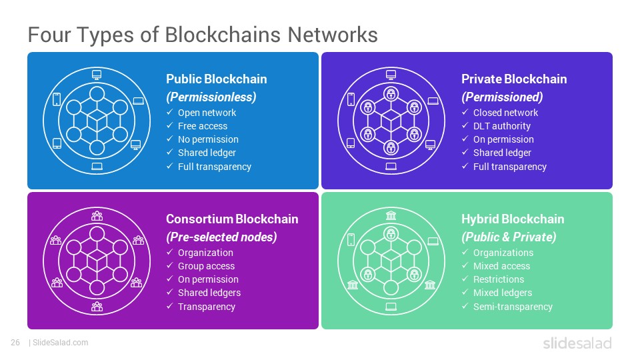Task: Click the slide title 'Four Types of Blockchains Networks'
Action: (203, 35)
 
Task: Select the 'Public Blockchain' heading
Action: (216, 79)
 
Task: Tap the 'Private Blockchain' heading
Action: (514, 79)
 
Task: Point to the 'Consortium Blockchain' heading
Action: (232, 219)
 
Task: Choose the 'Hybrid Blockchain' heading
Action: (513, 219)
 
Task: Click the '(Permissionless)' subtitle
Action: (211, 97)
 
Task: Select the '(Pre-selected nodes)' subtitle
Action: (221, 237)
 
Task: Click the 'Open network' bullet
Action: (207, 113)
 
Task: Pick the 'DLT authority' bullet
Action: (501, 126)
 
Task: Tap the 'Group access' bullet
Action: (206, 266)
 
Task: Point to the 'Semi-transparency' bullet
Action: (513, 307)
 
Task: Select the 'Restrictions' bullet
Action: (499, 279)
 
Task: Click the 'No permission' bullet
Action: (208, 139)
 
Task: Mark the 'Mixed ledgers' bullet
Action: (503, 293)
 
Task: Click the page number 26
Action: (15, 343)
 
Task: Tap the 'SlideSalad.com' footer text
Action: (61, 343)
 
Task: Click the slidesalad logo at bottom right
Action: (577, 343)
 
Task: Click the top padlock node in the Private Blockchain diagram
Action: (391, 94)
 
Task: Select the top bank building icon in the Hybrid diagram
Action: (391, 215)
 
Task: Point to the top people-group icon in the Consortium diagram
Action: (97, 215)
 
